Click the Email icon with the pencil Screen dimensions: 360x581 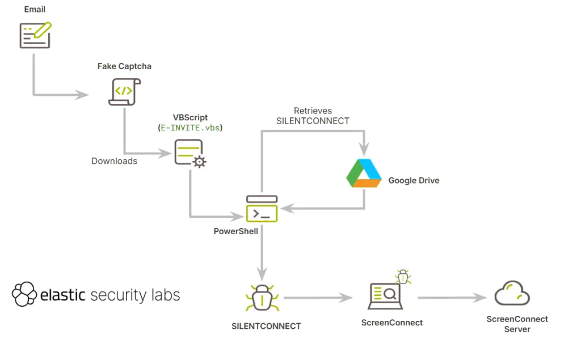[x=35, y=35]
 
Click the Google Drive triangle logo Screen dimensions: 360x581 [x=364, y=173]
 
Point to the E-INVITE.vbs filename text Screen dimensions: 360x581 [x=190, y=128]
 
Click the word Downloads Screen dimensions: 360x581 [x=114, y=161]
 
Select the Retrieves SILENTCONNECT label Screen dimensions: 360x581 [x=313, y=116]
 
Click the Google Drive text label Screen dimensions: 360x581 [x=414, y=181]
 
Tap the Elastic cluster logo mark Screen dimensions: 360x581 [x=24, y=295]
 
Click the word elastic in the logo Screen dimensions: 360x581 [x=63, y=295]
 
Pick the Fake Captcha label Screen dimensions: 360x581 [x=124, y=66]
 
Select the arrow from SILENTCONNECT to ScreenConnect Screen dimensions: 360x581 [x=318, y=297]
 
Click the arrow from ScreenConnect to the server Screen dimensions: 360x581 [x=452, y=297]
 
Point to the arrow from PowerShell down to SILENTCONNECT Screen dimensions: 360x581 [x=262, y=249]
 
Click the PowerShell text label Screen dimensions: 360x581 [x=235, y=231]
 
